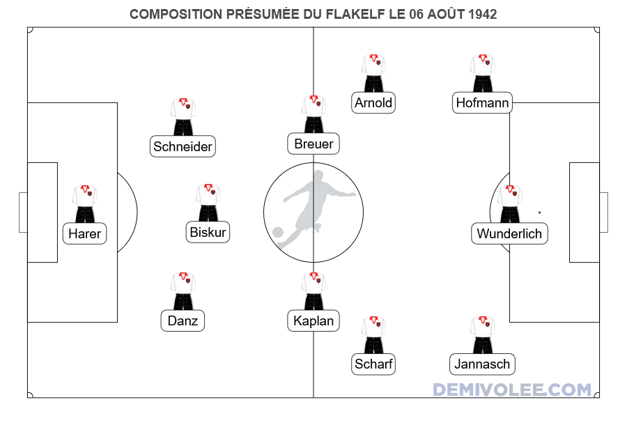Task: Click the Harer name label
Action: pos(85,234)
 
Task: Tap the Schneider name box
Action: pos(183,146)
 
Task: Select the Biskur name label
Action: pos(208,232)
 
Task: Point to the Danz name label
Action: pos(183,320)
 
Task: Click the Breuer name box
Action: pos(313,144)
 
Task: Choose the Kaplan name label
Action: pos(313,320)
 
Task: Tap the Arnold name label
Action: pos(373,103)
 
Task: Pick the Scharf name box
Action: pos(373,364)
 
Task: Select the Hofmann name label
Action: pos(483,103)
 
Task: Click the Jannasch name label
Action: pos(483,364)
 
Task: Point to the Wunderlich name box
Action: pos(509,233)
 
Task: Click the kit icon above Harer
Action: pos(85,203)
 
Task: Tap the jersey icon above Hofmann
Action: pos(483,72)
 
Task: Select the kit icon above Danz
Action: pos(183,291)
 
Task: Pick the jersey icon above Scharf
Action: pos(373,334)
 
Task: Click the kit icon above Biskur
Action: pos(208,202)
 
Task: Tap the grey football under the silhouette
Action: pos(278,233)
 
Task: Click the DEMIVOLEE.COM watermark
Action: pos(512,389)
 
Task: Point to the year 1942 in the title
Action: pos(483,14)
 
